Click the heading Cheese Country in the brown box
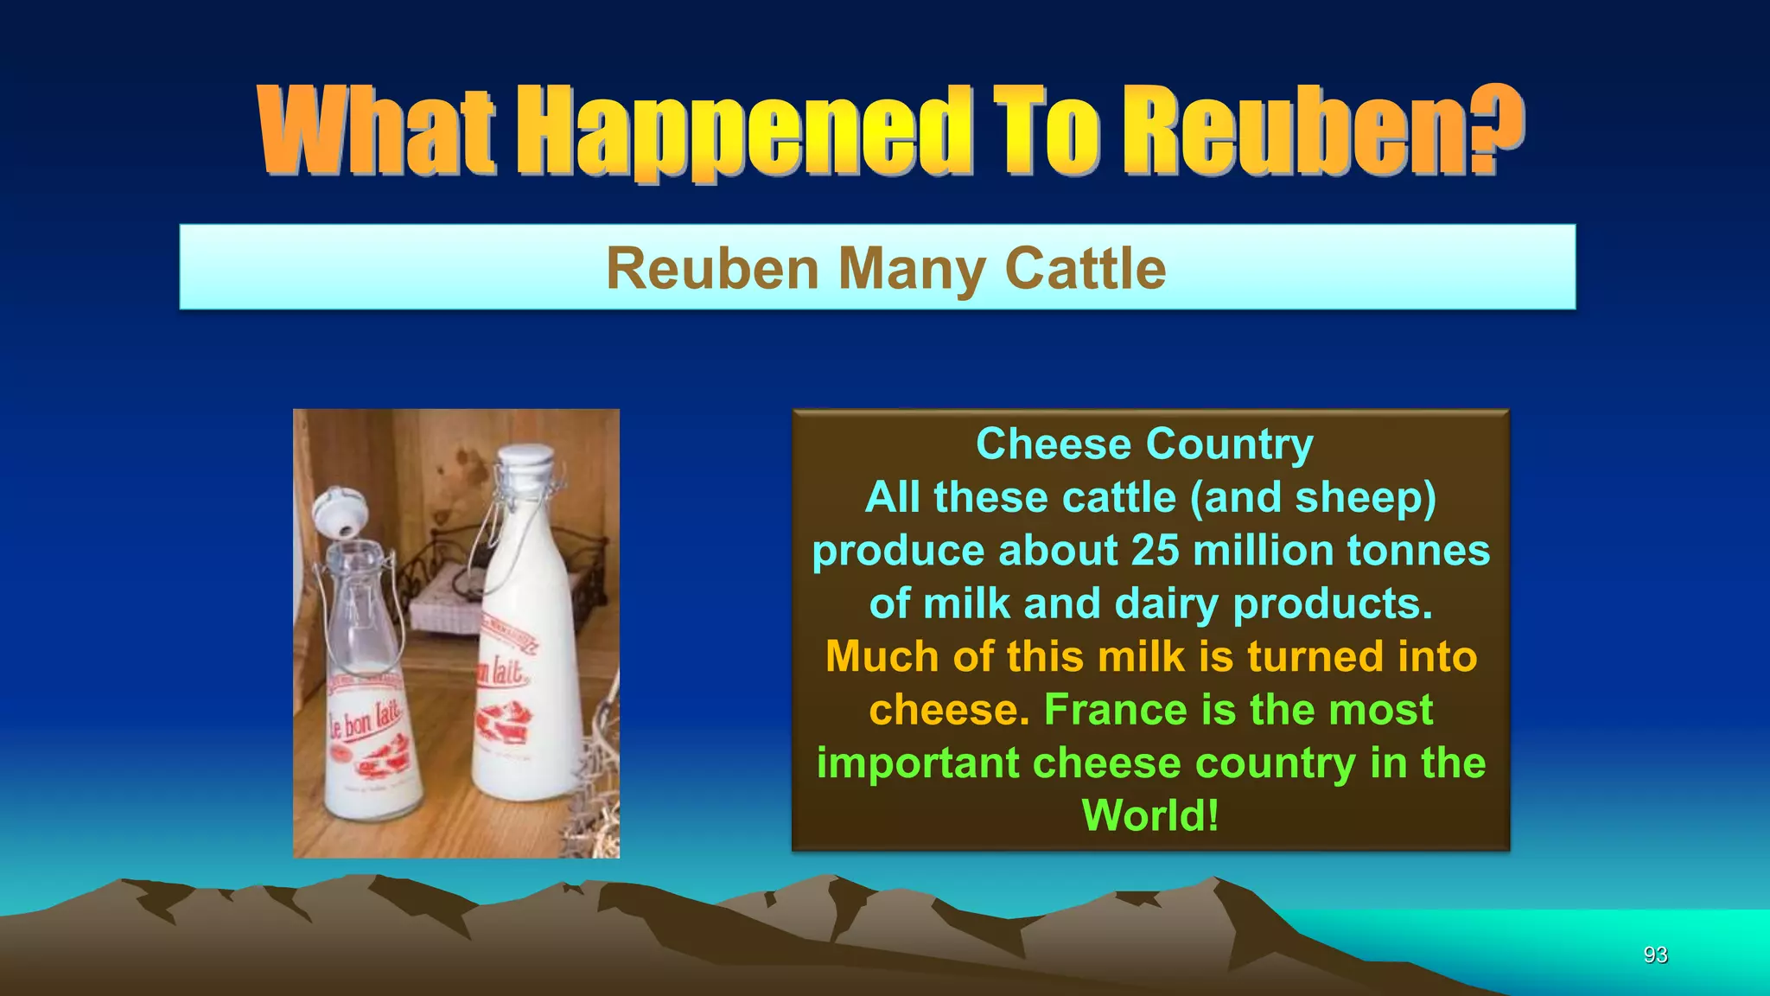tap(1144, 444)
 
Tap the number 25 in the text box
tap(1156, 551)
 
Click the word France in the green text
tap(1116, 710)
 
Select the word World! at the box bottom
tap(1150, 815)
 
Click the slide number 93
tap(1655, 954)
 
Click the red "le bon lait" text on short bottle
tap(363, 718)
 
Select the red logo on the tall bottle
tap(506, 723)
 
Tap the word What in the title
tap(377, 131)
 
